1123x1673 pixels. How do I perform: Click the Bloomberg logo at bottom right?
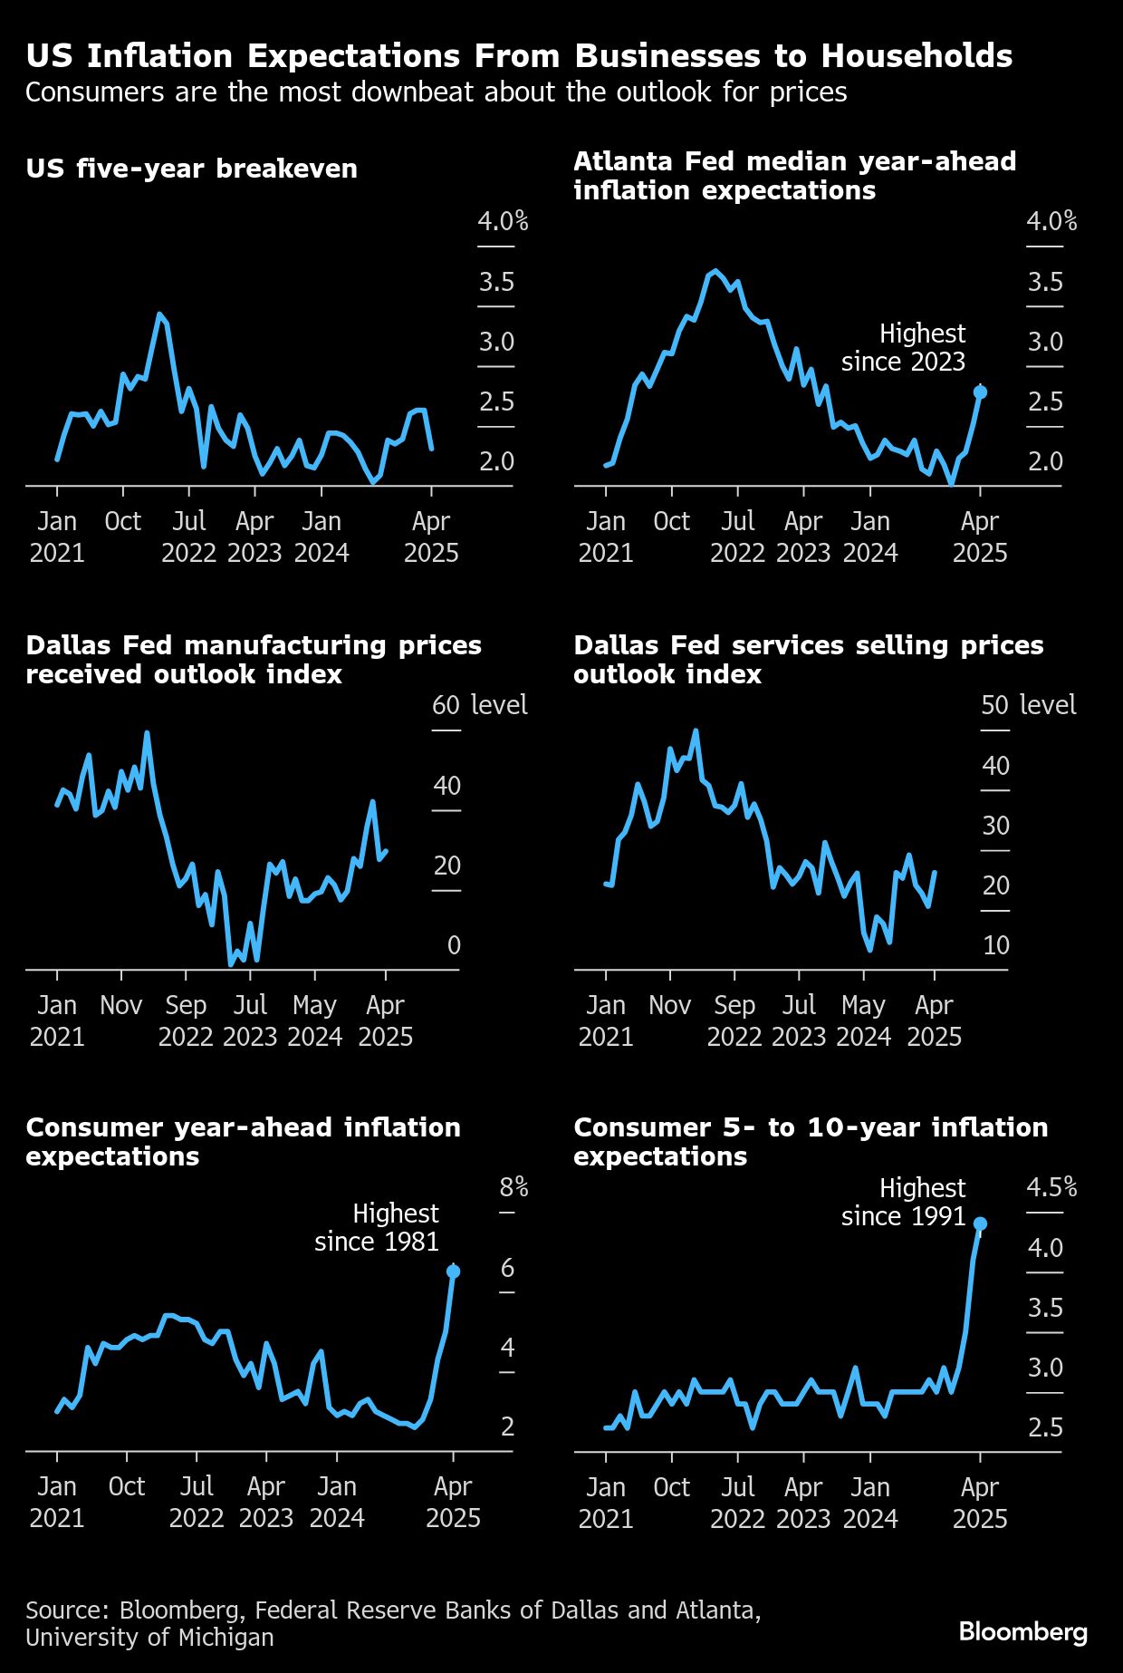(x=1022, y=1632)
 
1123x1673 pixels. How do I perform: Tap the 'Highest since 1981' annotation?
(x=377, y=1227)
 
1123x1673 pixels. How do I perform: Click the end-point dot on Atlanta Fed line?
(x=980, y=392)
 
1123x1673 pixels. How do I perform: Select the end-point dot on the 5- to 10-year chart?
(x=980, y=1223)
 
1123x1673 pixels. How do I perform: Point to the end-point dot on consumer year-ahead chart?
(x=453, y=1272)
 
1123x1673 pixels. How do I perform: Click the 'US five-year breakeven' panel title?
(x=191, y=169)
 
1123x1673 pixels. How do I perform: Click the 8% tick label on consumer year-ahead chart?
(x=514, y=1187)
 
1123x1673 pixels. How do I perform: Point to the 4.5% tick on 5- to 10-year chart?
(x=1051, y=1187)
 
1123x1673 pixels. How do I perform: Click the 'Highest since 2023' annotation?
(x=904, y=348)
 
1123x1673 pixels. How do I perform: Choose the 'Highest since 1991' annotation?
(x=904, y=1202)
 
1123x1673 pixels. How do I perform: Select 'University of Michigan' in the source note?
(x=149, y=1638)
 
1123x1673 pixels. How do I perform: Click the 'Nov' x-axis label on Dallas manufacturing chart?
(x=121, y=1005)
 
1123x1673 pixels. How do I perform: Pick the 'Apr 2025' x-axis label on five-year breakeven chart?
(x=431, y=537)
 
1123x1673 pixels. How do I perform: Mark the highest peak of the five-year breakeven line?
(x=159, y=314)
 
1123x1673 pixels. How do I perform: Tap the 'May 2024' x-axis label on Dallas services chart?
(x=863, y=1020)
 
